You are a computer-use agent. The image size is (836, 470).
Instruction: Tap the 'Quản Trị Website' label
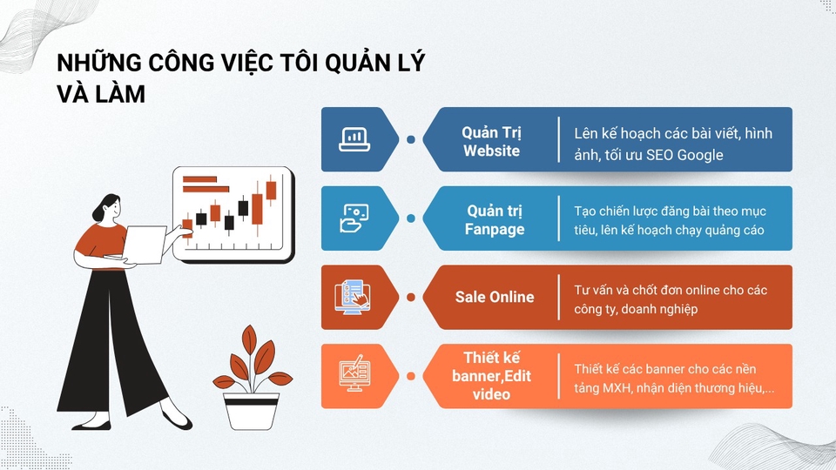(x=491, y=141)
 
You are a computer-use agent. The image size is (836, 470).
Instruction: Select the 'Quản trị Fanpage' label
(x=495, y=219)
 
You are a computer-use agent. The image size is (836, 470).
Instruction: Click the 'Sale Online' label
(x=494, y=297)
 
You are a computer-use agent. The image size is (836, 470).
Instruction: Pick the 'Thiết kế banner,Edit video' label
(x=491, y=376)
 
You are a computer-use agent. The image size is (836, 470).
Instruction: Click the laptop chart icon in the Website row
(x=354, y=139)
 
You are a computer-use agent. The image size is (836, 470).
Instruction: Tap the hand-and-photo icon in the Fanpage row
(x=354, y=218)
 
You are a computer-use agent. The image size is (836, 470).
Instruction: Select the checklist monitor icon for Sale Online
(x=354, y=297)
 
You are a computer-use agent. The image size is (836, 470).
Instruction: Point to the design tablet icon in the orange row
(x=354, y=375)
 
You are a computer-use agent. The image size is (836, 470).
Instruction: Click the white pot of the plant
(x=251, y=410)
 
